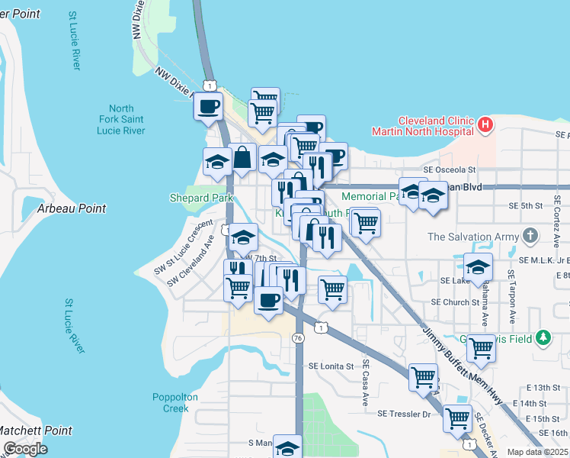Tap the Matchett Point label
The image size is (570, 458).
(x=37, y=431)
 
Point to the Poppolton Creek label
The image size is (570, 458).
(x=175, y=402)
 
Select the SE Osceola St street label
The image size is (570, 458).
(x=450, y=170)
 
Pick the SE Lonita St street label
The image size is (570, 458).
(x=331, y=366)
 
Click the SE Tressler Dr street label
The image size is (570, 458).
(x=405, y=414)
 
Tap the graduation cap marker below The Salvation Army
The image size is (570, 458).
(x=478, y=266)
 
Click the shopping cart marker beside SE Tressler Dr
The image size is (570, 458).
(x=456, y=418)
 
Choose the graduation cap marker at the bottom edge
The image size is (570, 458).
(x=287, y=447)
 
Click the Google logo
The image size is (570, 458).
(x=25, y=449)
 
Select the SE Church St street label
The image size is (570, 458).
(x=455, y=302)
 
